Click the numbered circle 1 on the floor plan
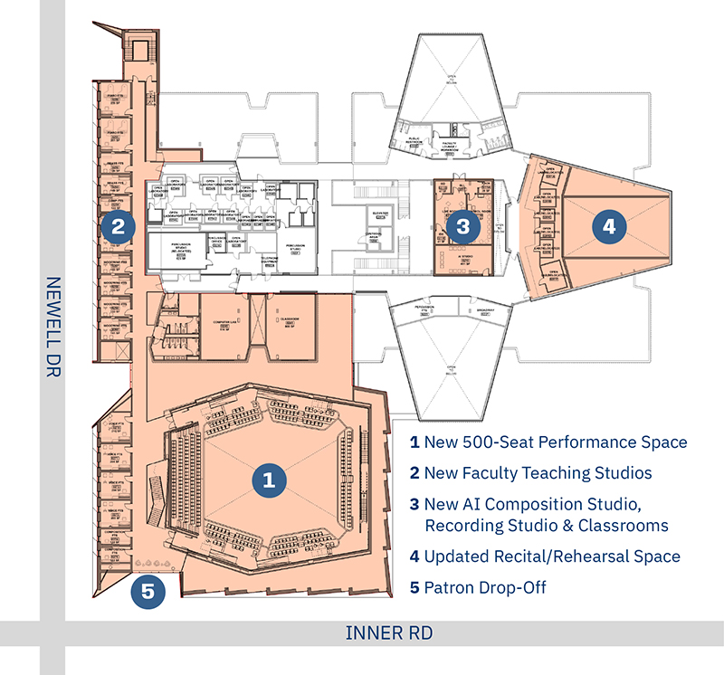268,480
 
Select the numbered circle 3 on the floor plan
462,226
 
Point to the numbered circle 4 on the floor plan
608,226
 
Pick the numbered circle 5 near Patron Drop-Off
148,593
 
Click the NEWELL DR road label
52,327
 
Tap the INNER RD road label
389,632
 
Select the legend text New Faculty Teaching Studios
538,472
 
